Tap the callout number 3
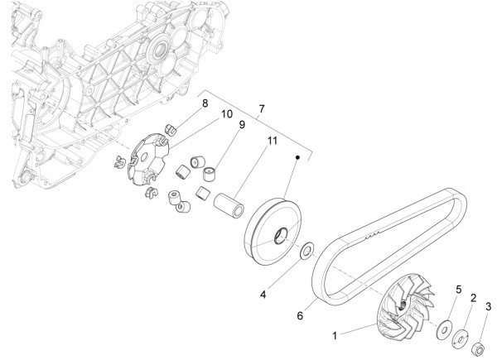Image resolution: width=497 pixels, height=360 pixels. [x=489, y=306]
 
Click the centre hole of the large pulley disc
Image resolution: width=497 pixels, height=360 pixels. [x=280, y=233]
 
